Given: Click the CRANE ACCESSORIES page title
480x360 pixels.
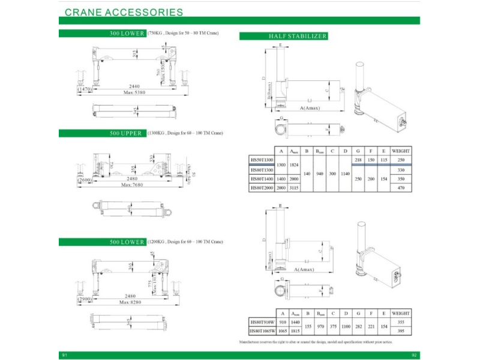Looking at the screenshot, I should pos(124,11).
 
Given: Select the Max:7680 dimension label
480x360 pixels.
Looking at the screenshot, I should pos(133,185).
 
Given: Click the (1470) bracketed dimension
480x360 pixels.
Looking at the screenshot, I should pos(85,89).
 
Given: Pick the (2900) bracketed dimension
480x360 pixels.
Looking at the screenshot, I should pos(85,298).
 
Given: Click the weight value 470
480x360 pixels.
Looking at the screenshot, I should pos(401,188).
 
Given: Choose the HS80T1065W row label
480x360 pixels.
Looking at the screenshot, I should pos(262,331).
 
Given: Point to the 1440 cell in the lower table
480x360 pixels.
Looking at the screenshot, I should pos(295,322).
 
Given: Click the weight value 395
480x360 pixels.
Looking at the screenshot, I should pos(401,331).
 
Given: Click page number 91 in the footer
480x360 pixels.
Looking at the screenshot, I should pos(64,355).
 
